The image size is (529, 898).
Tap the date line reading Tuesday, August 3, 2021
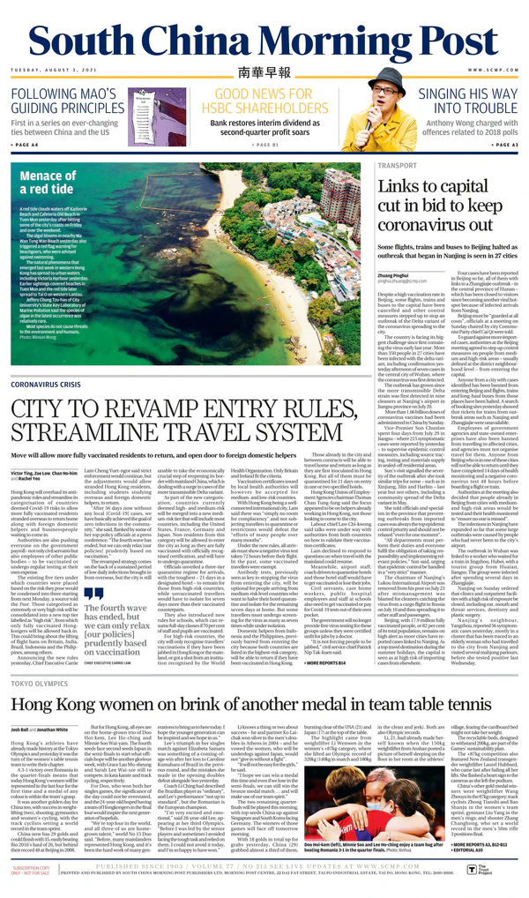(x=53, y=70)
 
